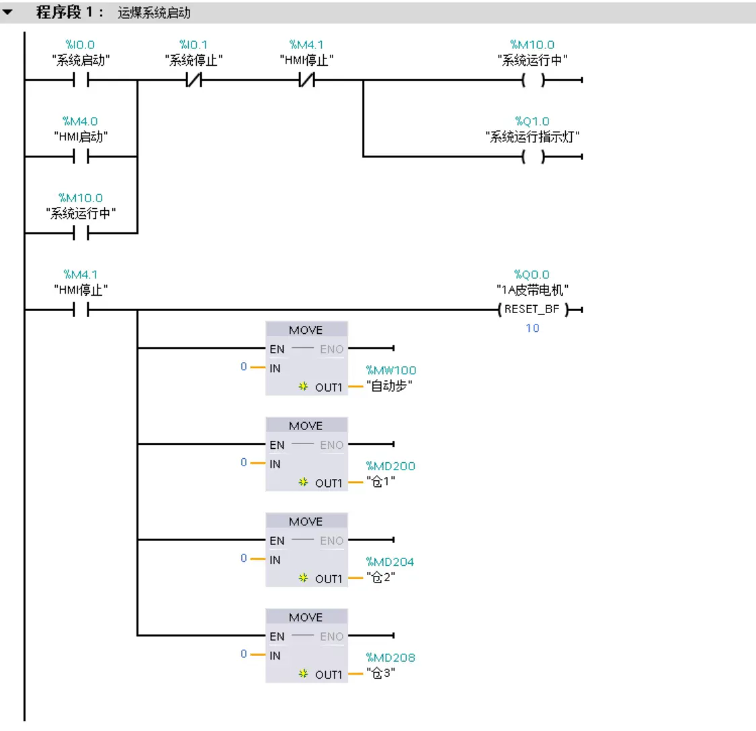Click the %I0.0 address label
80,45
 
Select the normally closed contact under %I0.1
194,81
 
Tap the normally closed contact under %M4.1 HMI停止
306,81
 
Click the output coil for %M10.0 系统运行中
533,81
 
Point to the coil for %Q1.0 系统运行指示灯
533,157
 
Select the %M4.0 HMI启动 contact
81,157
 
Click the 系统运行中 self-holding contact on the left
81,234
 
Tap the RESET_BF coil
532,310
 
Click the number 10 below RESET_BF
532,329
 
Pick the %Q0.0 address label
532,275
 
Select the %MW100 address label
390,370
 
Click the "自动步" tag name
390,386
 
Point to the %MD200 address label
390,466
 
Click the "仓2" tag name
380,578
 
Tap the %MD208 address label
390,658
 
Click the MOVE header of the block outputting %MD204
306,521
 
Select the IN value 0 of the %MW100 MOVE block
244,367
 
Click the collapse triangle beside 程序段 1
8,12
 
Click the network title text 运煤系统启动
154,13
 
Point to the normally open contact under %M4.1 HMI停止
81,310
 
